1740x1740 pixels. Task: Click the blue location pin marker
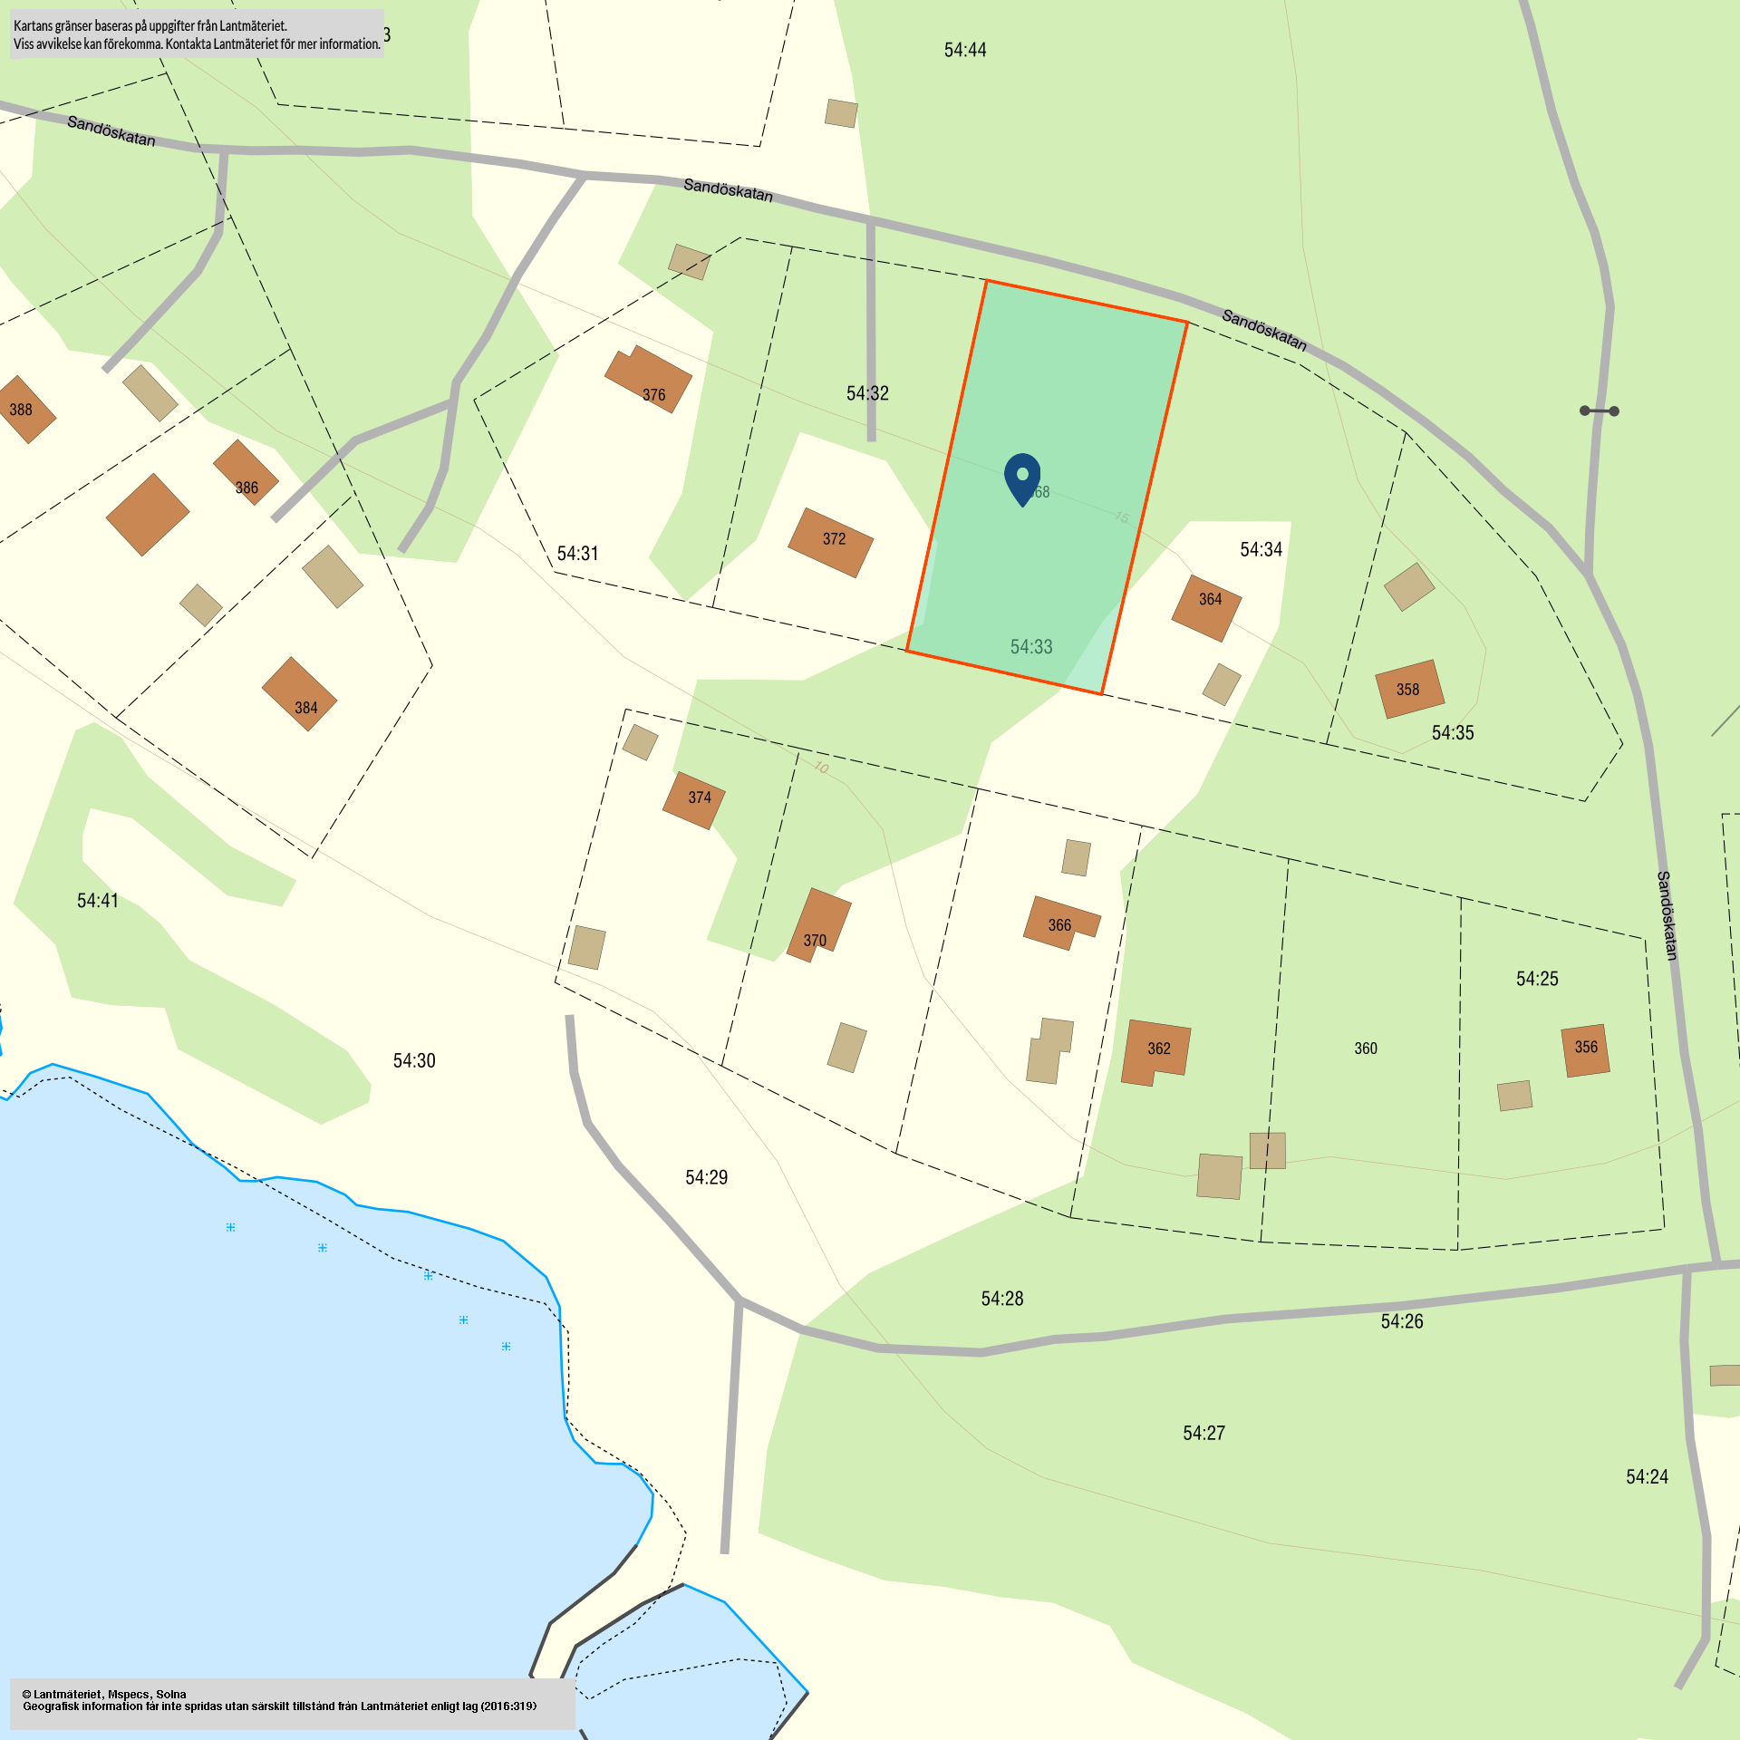(x=1022, y=477)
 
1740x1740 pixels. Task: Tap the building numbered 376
(x=649, y=380)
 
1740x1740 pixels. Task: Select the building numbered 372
(x=831, y=542)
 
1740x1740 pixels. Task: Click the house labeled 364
(x=1207, y=608)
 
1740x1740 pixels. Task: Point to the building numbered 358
(x=1409, y=689)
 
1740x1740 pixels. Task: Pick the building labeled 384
(x=300, y=694)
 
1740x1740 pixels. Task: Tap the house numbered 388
(x=24, y=410)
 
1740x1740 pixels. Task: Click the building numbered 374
(x=694, y=799)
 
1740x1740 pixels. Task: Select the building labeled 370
(x=819, y=924)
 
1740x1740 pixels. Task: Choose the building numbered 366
(x=1060, y=923)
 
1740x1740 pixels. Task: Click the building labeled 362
(x=1155, y=1052)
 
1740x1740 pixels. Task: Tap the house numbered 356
(x=1586, y=1049)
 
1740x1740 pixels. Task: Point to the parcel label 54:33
(x=1031, y=647)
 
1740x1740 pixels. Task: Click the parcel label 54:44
(x=965, y=51)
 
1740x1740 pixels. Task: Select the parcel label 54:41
(x=98, y=901)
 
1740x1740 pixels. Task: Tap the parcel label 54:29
(x=707, y=1177)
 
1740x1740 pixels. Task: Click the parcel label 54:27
(x=1204, y=1433)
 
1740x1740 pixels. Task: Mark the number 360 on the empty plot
(x=1366, y=1049)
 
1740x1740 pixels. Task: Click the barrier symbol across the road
(x=1600, y=411)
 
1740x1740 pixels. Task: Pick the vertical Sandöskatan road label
(x=1667, y=915)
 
